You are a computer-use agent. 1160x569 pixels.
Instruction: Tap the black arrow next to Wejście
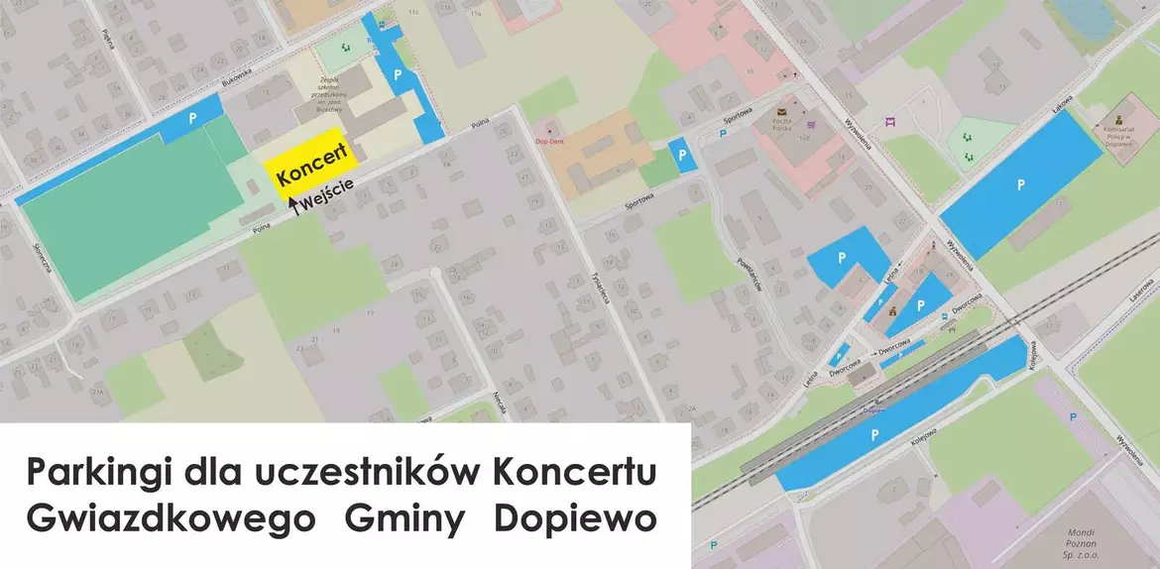click(292, 204)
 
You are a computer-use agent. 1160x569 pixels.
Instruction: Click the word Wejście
click(326, 194)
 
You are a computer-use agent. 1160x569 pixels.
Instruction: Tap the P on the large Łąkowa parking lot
click(1019, 183)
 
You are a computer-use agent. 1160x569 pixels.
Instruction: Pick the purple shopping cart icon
click(812, 125)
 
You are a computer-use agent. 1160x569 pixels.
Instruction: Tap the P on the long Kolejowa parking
click(873, 434)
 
